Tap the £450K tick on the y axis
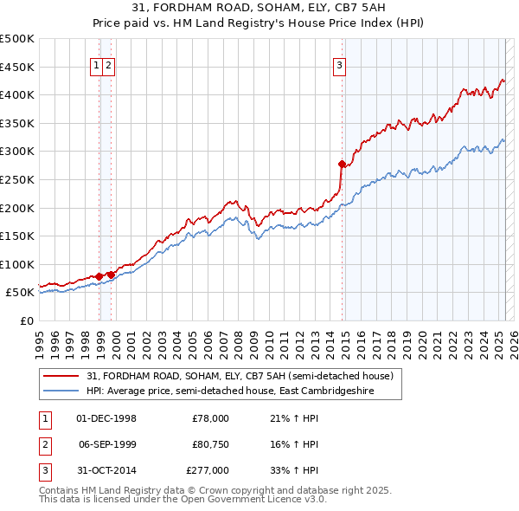[x=17, y=67]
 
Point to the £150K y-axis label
[x=17, y=236]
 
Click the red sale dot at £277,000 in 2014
[x=342, y=164]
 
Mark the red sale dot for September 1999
[x=111, y=275]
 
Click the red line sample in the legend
[x=62, y=376]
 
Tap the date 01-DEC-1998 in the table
[x=106, y=418]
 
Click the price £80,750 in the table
[x=208, y=444]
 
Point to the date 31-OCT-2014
[x=106, y=471]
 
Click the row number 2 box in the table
[x=42, y=445]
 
